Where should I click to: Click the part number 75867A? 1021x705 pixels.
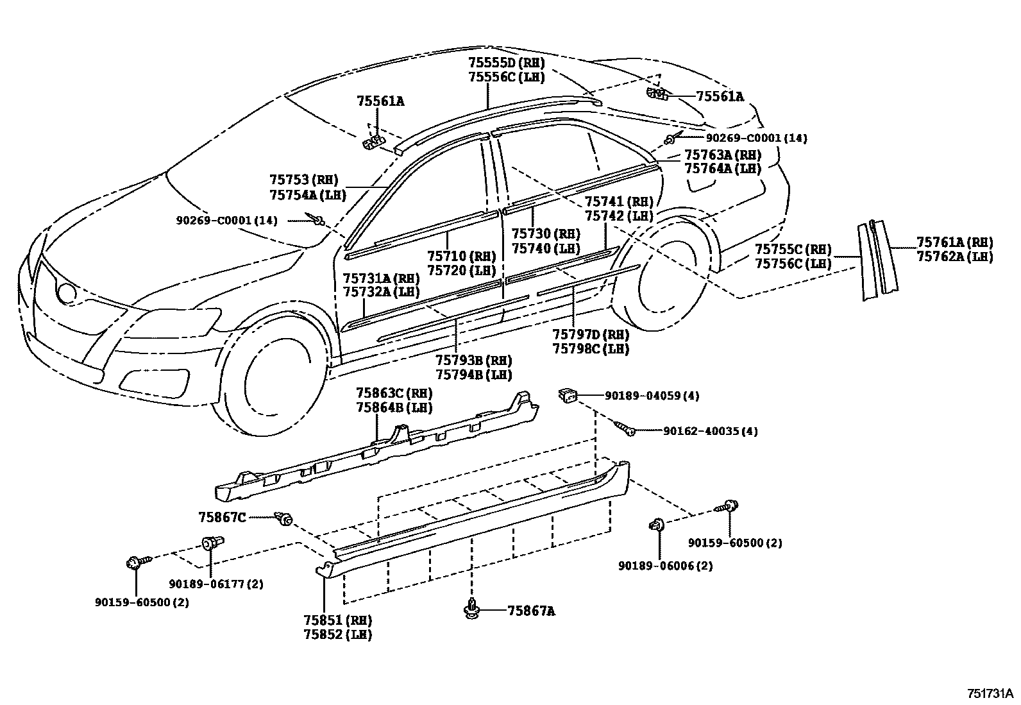click(531, 611)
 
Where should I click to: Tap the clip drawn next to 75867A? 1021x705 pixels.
click(473, 609)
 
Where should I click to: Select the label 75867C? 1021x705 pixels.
click(222, 517)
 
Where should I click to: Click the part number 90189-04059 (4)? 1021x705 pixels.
click(652, 396)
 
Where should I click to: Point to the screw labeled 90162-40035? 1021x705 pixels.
click(625, 429)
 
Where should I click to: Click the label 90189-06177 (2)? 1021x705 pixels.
click(216, 584)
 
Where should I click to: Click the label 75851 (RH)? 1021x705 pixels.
click(338, 620)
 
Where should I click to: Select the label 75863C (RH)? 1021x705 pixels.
click(394, 393)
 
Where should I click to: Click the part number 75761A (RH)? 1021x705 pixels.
click(954, 242)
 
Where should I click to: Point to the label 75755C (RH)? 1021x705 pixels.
click(793, 249)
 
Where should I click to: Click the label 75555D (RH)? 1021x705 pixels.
click(506, 63)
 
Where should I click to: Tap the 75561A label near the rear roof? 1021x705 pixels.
click(720, 97)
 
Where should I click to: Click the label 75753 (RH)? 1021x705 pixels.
click(303, 180)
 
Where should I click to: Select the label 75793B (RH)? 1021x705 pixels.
click(473, 361)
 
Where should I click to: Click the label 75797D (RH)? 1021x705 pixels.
click(591, 335)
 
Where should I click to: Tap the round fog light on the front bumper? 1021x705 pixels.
click(66, 292)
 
